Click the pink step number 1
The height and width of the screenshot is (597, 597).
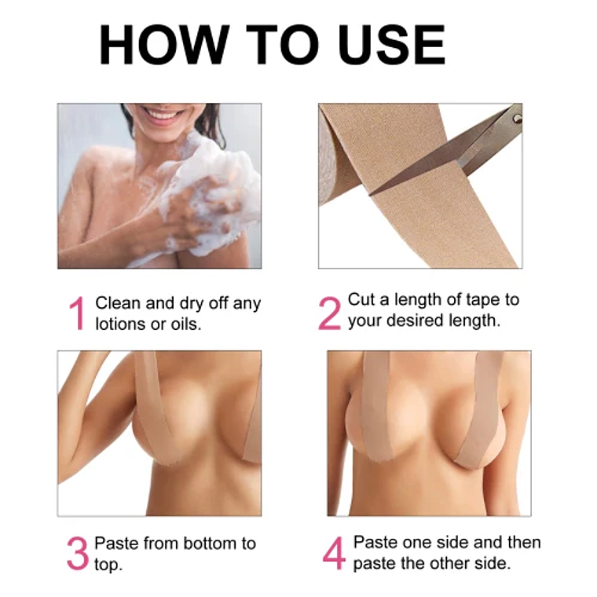tap(76, 313)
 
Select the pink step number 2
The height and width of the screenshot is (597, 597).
tap(329, 313)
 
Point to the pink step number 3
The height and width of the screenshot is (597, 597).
tap(77, 553)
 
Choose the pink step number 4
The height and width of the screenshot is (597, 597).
tap(334, 553)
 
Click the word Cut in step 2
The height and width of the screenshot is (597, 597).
tap(361, 300)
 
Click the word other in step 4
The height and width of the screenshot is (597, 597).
tap(467, 563)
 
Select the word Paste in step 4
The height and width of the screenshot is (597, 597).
tap(375, 543)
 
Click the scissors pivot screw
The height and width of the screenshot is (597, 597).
tap(516, 118)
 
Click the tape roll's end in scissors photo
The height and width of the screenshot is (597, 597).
tap(333, 165)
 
